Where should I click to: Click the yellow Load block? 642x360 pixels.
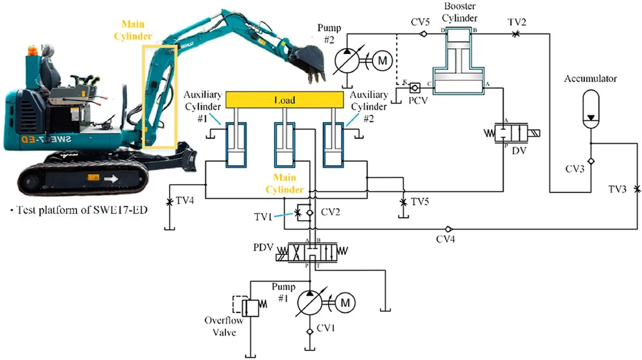[x=286, y=99]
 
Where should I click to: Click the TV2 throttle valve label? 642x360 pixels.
[x=517, y=22]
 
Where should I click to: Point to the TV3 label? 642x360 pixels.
[x=620, y=190]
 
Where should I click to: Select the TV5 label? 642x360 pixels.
[x=420, y=202]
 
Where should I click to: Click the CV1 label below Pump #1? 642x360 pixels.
[x=330, y=330]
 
